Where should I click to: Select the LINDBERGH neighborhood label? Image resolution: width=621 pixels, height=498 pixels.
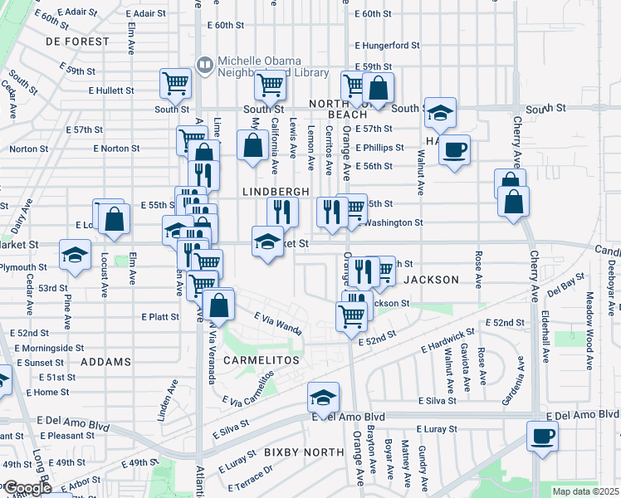click(276, 191)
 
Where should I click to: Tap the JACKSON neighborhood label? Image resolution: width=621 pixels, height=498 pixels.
click(431, 280)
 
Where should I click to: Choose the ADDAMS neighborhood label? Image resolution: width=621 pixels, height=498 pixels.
click(106, 362)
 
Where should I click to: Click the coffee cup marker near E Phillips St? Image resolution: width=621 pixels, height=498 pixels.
click(454, 150)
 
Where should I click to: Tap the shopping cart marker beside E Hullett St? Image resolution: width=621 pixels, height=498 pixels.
click(176, 83)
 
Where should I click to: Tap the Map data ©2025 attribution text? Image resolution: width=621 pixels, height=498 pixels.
click(586, 492)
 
